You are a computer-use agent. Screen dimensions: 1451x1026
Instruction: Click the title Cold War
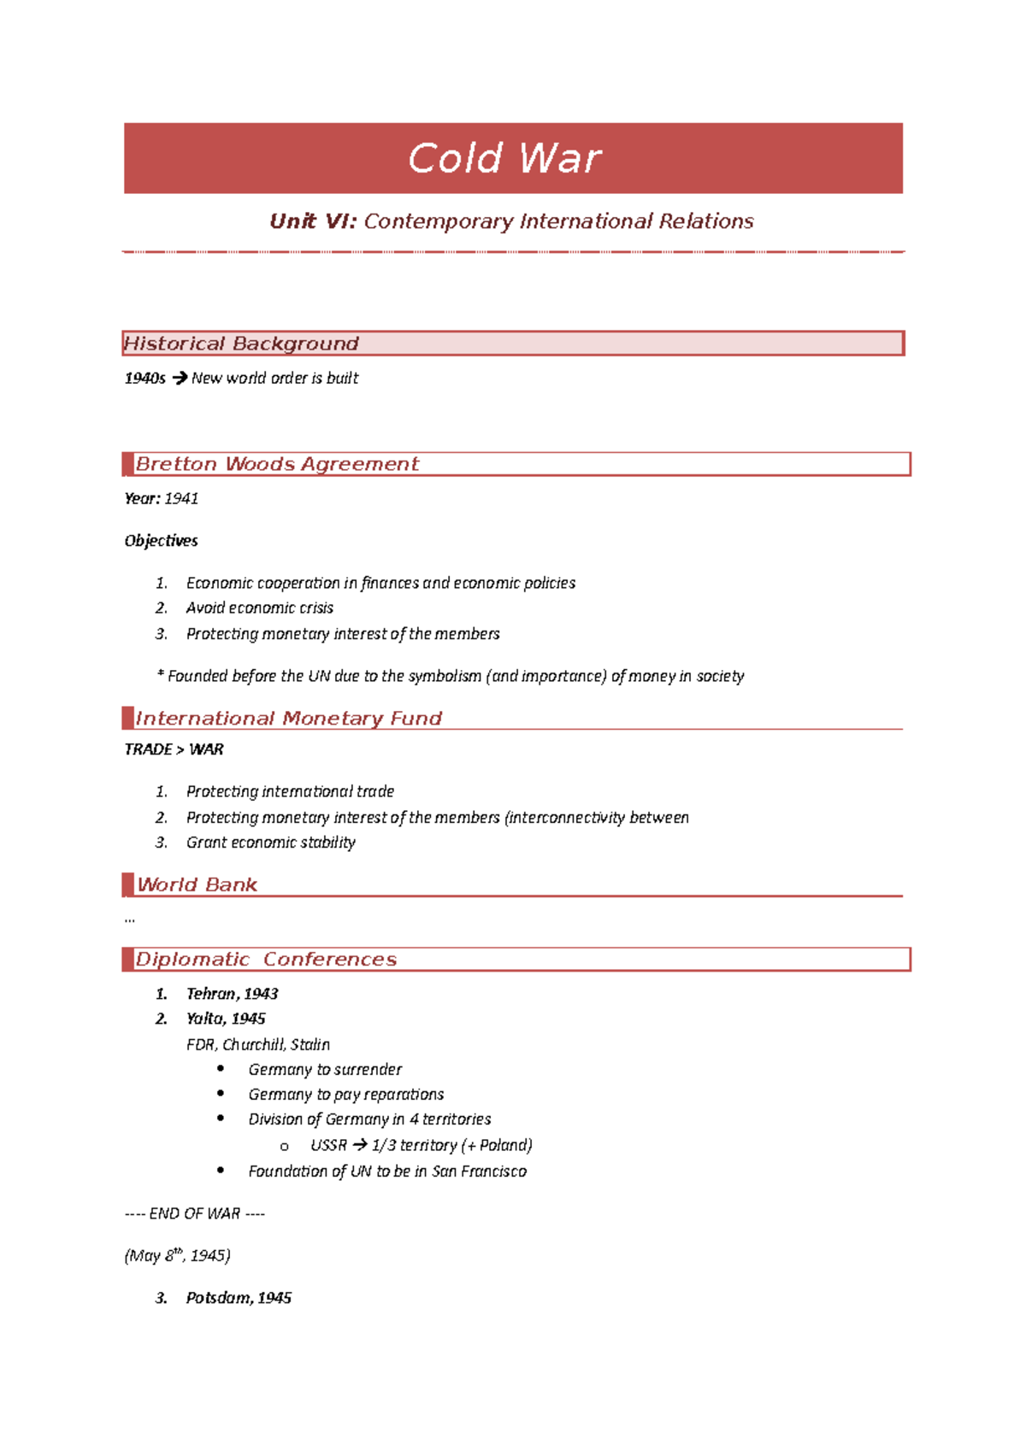504,159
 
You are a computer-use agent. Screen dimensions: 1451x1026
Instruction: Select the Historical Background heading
241,344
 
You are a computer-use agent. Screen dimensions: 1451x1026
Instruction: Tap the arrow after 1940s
180,378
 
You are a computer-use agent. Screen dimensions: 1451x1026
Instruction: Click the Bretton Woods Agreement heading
277,464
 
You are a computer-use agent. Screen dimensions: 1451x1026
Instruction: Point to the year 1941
181,498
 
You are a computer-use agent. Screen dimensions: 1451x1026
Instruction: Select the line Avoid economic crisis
259,608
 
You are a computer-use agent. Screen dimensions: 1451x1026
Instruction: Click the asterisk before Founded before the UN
160,675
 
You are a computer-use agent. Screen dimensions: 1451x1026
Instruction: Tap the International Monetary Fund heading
288,719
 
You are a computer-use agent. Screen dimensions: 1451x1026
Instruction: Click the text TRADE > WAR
174,749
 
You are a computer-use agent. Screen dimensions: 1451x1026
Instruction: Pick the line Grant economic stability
270,843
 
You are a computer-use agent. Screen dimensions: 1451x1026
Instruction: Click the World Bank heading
197,885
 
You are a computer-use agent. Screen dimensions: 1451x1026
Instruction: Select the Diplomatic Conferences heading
266,960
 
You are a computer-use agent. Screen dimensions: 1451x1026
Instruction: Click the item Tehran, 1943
232,994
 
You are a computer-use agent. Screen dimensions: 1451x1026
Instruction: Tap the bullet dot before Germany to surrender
221,1068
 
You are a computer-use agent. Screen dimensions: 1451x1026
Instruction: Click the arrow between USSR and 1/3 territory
359,1145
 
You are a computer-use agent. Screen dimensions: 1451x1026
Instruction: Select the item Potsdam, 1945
239,1298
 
